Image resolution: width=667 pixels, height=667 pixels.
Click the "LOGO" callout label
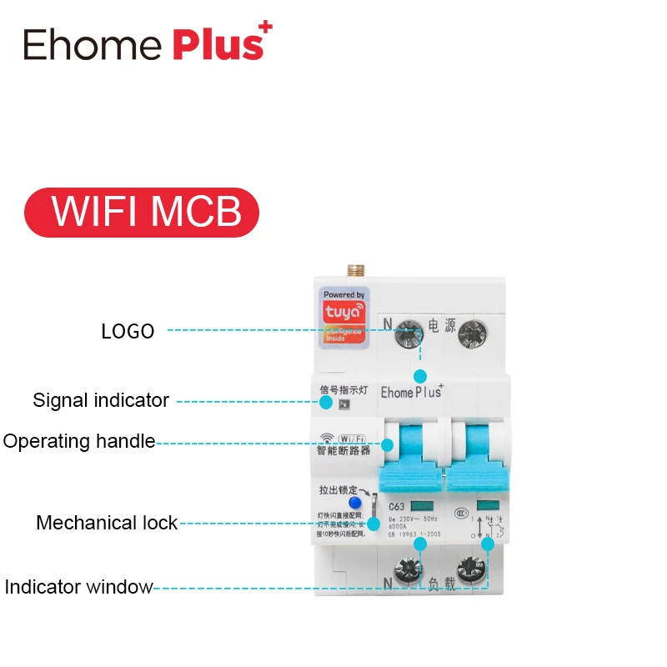point(128,331)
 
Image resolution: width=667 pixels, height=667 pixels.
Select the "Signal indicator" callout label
point(101,400)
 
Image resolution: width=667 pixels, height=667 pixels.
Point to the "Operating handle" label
point(79,441)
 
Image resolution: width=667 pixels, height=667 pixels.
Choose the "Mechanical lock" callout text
point(107,523)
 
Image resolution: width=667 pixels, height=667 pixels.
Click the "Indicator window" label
point(78,587)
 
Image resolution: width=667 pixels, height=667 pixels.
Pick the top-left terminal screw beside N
point(410,334)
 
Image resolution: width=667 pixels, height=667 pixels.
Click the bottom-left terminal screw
point(410,572)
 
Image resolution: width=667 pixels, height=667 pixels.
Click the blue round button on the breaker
point(354,503)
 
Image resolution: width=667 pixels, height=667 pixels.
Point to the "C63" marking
point(397,506)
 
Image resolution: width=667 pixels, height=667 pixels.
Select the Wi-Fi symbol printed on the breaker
point(328,436)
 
